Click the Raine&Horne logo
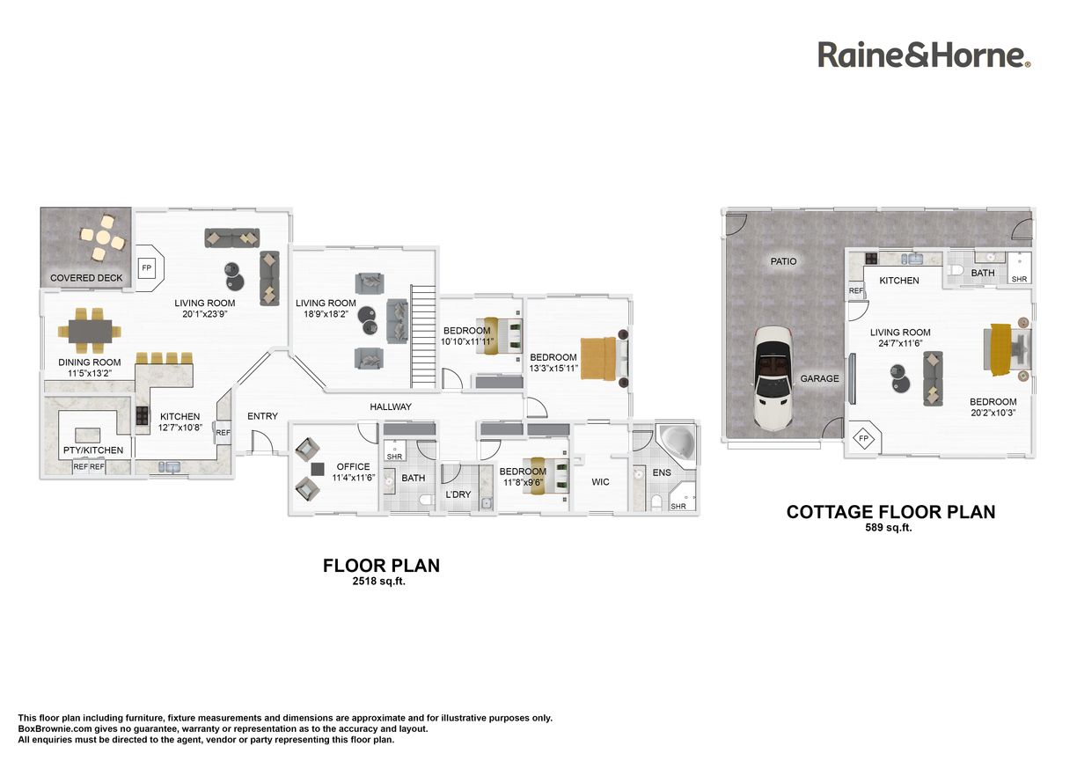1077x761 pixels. [x=924, y=55]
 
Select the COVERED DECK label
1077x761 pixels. [x=86, y=278]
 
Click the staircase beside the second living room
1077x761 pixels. [x=423, y=337]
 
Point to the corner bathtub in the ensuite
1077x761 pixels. [x=678, y=443]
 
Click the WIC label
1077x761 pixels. [x=600, y=482]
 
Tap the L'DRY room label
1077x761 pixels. [x=458, y=494]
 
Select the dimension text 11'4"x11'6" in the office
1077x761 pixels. [x=354, y=478]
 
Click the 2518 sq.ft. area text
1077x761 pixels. [x=379, y=581]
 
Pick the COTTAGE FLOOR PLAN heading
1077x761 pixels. [x=891, y=512]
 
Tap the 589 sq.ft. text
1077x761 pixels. [x=889, y=527]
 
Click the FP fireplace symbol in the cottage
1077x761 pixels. [x=864, y=438]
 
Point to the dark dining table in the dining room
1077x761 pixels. [x=91, y=331]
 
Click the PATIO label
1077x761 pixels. [x=784, y=261]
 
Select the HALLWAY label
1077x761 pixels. [x=391, y=406]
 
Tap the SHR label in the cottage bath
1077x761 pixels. [x=1019, y=279]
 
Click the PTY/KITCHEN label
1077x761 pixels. [x=93, y=450]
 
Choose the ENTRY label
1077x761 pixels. [x=262, y=416]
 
